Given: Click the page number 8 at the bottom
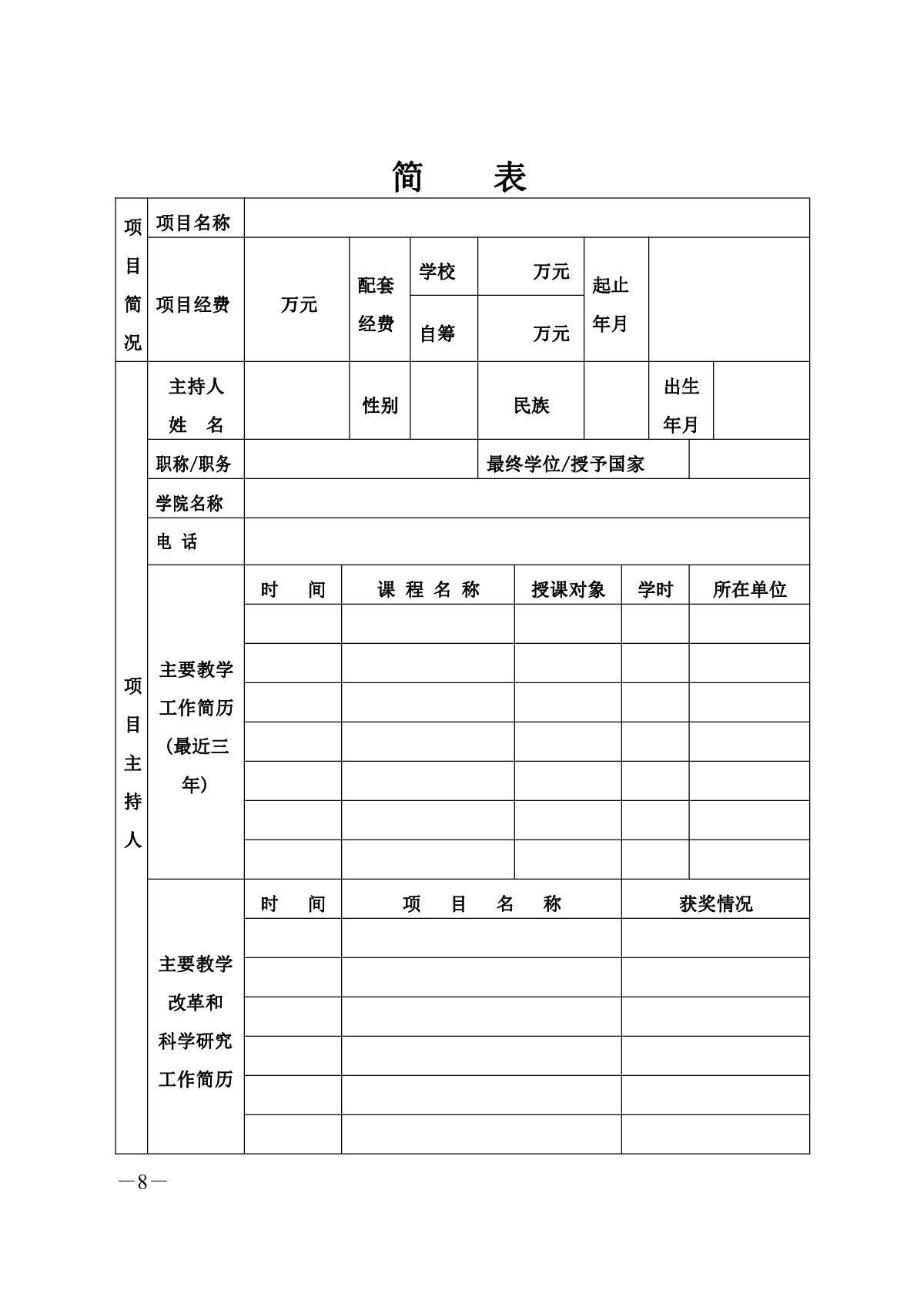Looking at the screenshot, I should pyautogui.click(x=142, y=1182).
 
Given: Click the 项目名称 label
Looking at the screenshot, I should pyautogui.click(x=193, y=223).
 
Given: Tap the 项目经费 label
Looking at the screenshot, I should pyautogui.click(x=193, y=305).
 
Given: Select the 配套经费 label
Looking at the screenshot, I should pyautogui.click(x=377, y=304).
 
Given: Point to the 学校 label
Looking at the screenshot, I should pyautogui.click(x=437, y=272).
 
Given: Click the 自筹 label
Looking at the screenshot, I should pyautogui.click(x=437, y=333).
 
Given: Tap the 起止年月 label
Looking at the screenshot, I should pyautogui.click(x=611, y=304).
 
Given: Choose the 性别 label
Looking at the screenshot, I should pyautogui.click(x=380, y=405).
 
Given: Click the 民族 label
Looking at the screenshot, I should pyautogui.click(x=531, y=405).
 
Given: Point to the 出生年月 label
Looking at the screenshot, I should pyautogui.click(x=681, y=405).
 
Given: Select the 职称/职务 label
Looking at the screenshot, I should pyautogui.click(x=193, y=464).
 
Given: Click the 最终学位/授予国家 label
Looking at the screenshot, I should pyautogui.click(x=565, y=464).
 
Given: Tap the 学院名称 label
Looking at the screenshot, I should pyautogui.click(x=189, y=504).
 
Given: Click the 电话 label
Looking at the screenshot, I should pyautogui.click(x=177, y=542).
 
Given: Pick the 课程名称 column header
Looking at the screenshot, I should pyautogui.click(x=428, y=590).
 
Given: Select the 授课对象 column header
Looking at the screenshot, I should pyautogui.click(x=568, y=590).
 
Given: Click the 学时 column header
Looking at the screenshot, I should pyautogui.click(x=655, y=590).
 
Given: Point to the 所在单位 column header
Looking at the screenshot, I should pyautogui.click(x=749, y=590).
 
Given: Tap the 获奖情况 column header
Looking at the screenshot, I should pyautogui.click(x=715, y=904).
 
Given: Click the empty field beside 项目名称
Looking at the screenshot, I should pyautogui.click(x=527, y=219).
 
